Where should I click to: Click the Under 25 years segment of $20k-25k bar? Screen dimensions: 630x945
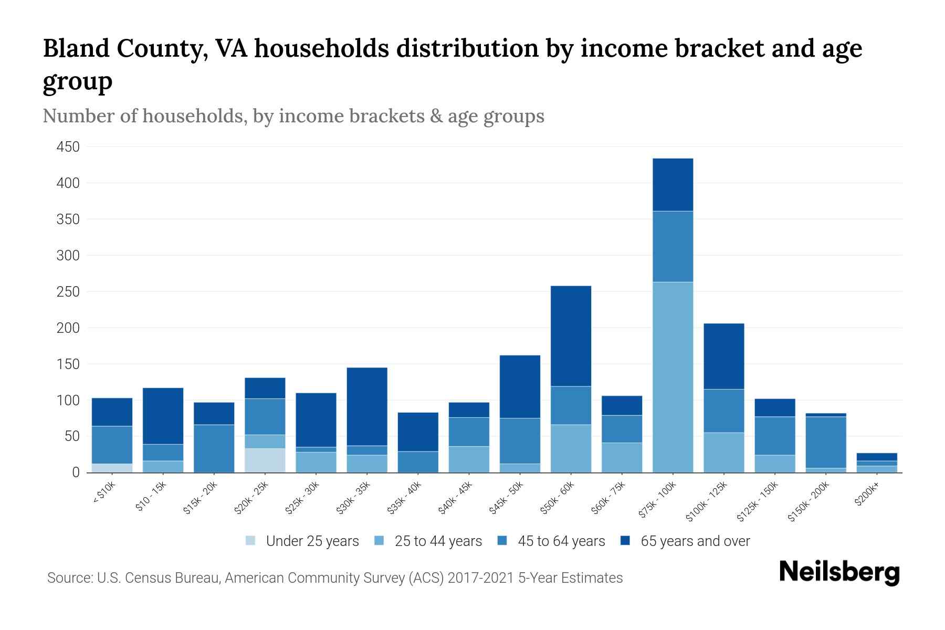[265, 460]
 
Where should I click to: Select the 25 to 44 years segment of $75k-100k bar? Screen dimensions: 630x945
[673, 377]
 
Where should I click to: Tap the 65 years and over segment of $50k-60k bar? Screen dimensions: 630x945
[571, 336]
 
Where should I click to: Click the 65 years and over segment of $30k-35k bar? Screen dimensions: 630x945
[367, 406]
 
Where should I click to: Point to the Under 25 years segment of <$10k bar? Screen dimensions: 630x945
[112, 468]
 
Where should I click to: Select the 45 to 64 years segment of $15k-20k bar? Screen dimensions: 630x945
[214, 448]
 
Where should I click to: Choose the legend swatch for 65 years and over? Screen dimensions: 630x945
[625, 541]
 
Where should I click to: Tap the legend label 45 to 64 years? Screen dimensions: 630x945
[561, 541]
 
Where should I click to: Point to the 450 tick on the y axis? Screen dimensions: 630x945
[68, 147]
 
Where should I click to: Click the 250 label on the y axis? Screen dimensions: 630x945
[68, 292]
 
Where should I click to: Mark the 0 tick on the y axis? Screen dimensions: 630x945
[76, 472]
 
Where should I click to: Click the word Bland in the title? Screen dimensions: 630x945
[75, 48]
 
